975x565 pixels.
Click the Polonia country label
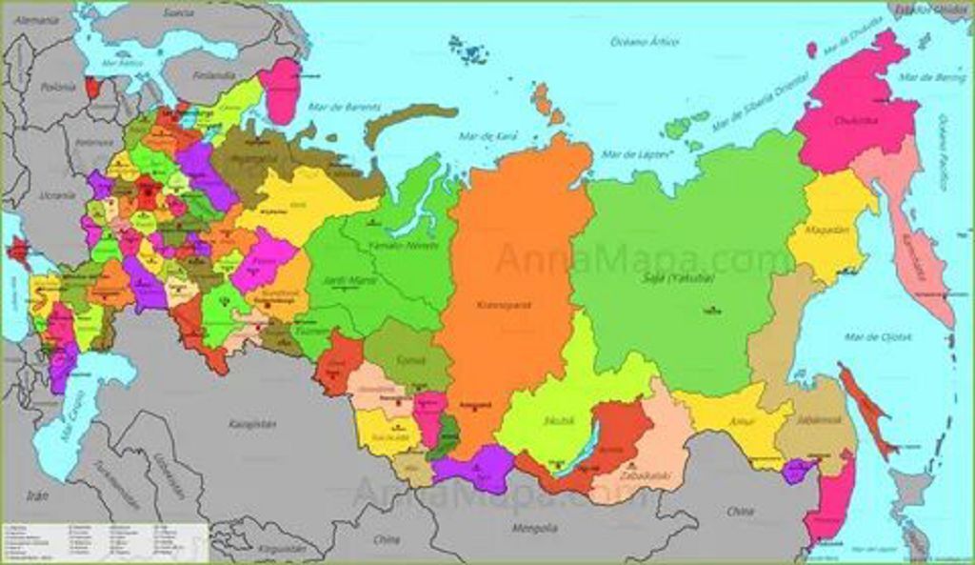pyautogui.click(x=58, y=87)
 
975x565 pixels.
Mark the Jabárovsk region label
pyautogui.click(x=820, y=419)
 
